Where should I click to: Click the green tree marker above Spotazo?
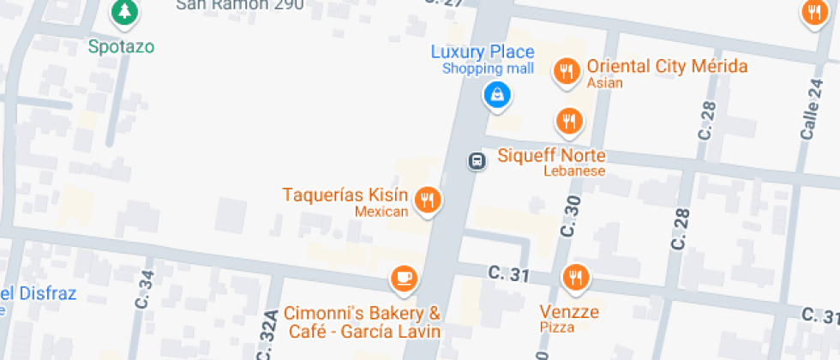(x=126, y=12)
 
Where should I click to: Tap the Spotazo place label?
(x=122, y=45)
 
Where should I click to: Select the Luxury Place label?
(x=483, y=51)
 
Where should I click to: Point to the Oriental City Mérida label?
(x=666, y=67)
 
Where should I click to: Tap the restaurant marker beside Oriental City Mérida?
(x=566, y=71)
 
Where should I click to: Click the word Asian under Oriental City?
(x=604, y=84)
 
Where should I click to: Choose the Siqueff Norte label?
(x=552, y=156)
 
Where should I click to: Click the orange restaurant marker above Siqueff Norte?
(x=568, y=121)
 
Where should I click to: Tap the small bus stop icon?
(x=475, y=160)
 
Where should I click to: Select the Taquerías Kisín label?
(x=346, y=195)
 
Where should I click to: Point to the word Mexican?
(x=381, y=211)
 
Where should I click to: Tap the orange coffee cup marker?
(x=403, y=279)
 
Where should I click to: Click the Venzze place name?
(x=569, y=311)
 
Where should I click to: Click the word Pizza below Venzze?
(x=557, y=327)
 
